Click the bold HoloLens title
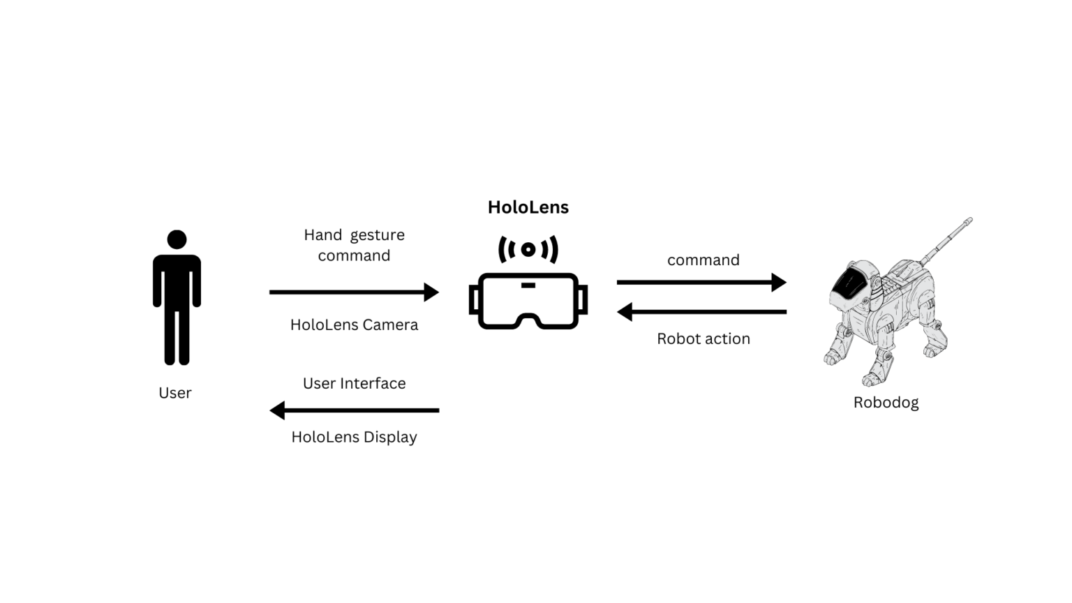[x=528, y=207]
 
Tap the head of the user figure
[x=177, y=239]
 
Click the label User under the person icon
[x=174, y=393]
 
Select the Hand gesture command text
[x=354, y=245]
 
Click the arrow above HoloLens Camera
[x=353, y=292]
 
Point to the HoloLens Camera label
[x=354, y=325]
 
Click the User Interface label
[x=354, y=383]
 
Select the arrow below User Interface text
[x=354, y=410]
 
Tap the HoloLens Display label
[x=354, y=437]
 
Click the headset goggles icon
[x=528, y=301]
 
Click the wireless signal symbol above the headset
[x=528, y=249]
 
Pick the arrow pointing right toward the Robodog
[x=701, y=282]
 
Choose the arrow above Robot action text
[x=701, y=312]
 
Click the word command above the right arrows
[x=703, y=260]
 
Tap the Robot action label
[x=703, y=338]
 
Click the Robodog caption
[x=886, y=403]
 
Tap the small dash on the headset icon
[x=528, y=285]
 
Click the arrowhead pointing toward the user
[x=278, y=410]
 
